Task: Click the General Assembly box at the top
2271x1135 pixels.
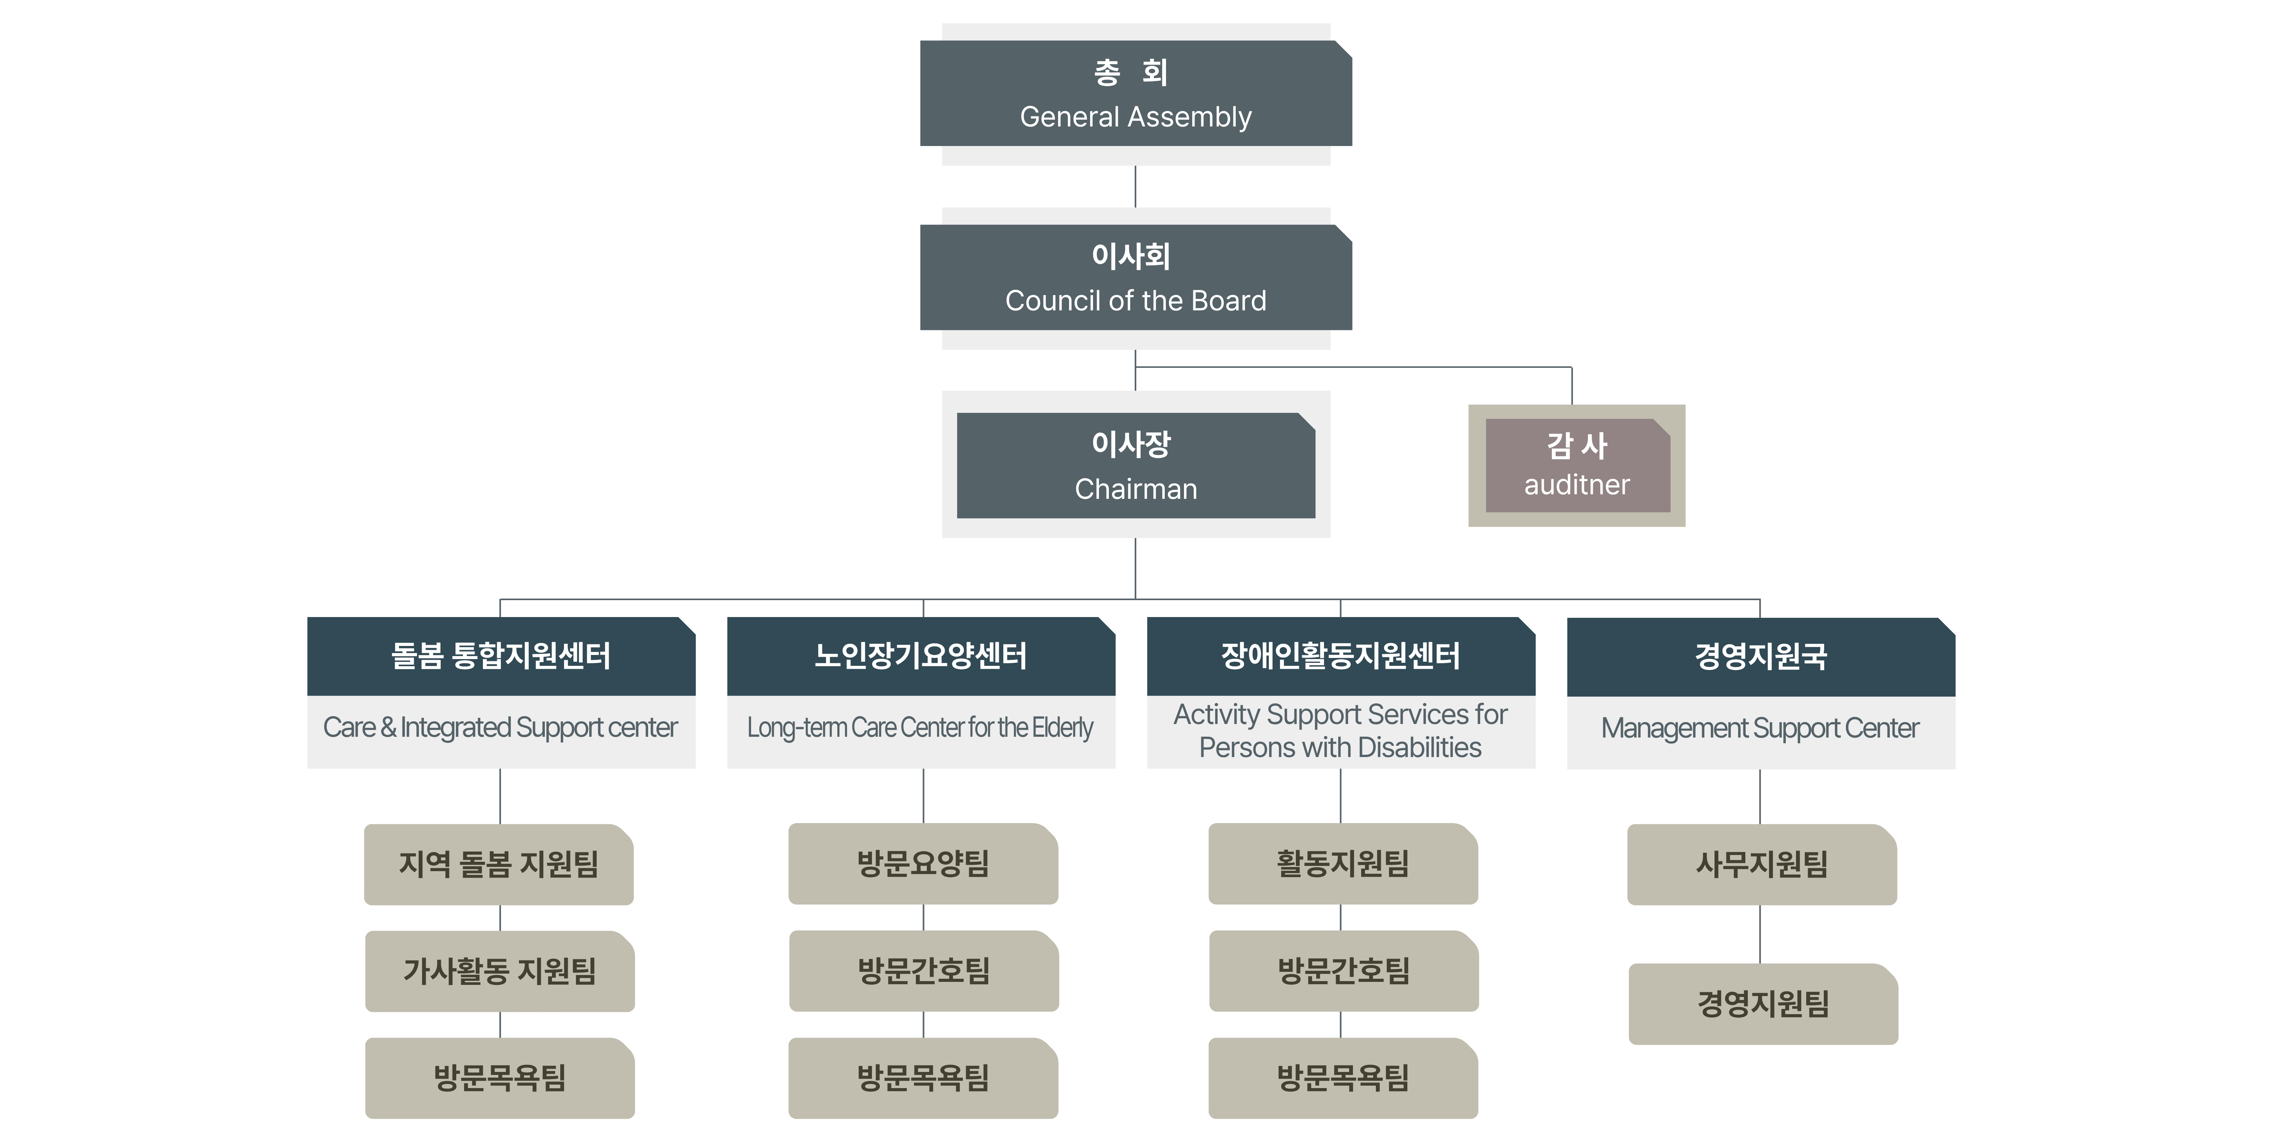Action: click(x=1135, y=93)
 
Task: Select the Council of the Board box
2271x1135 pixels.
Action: click(x=1135, y=278)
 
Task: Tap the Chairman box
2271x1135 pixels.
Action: click(x=1135, y=465)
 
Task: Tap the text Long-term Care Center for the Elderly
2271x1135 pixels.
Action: click(x=920, y=728)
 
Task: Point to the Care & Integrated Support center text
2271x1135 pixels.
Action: click(x=501, y=728)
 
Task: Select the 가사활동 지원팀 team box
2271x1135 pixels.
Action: click(x=500, y=971)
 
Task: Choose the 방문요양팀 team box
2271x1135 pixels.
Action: click(x=923, y=864)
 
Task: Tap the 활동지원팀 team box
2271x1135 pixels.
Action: click(x=1343, y=864)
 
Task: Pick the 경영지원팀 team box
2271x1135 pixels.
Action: click(x=1763, y=1004)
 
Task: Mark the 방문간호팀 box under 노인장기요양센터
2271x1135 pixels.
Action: click(x=924, y=971)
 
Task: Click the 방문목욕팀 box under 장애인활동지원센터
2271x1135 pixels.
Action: click(x=1343, y=1078)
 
